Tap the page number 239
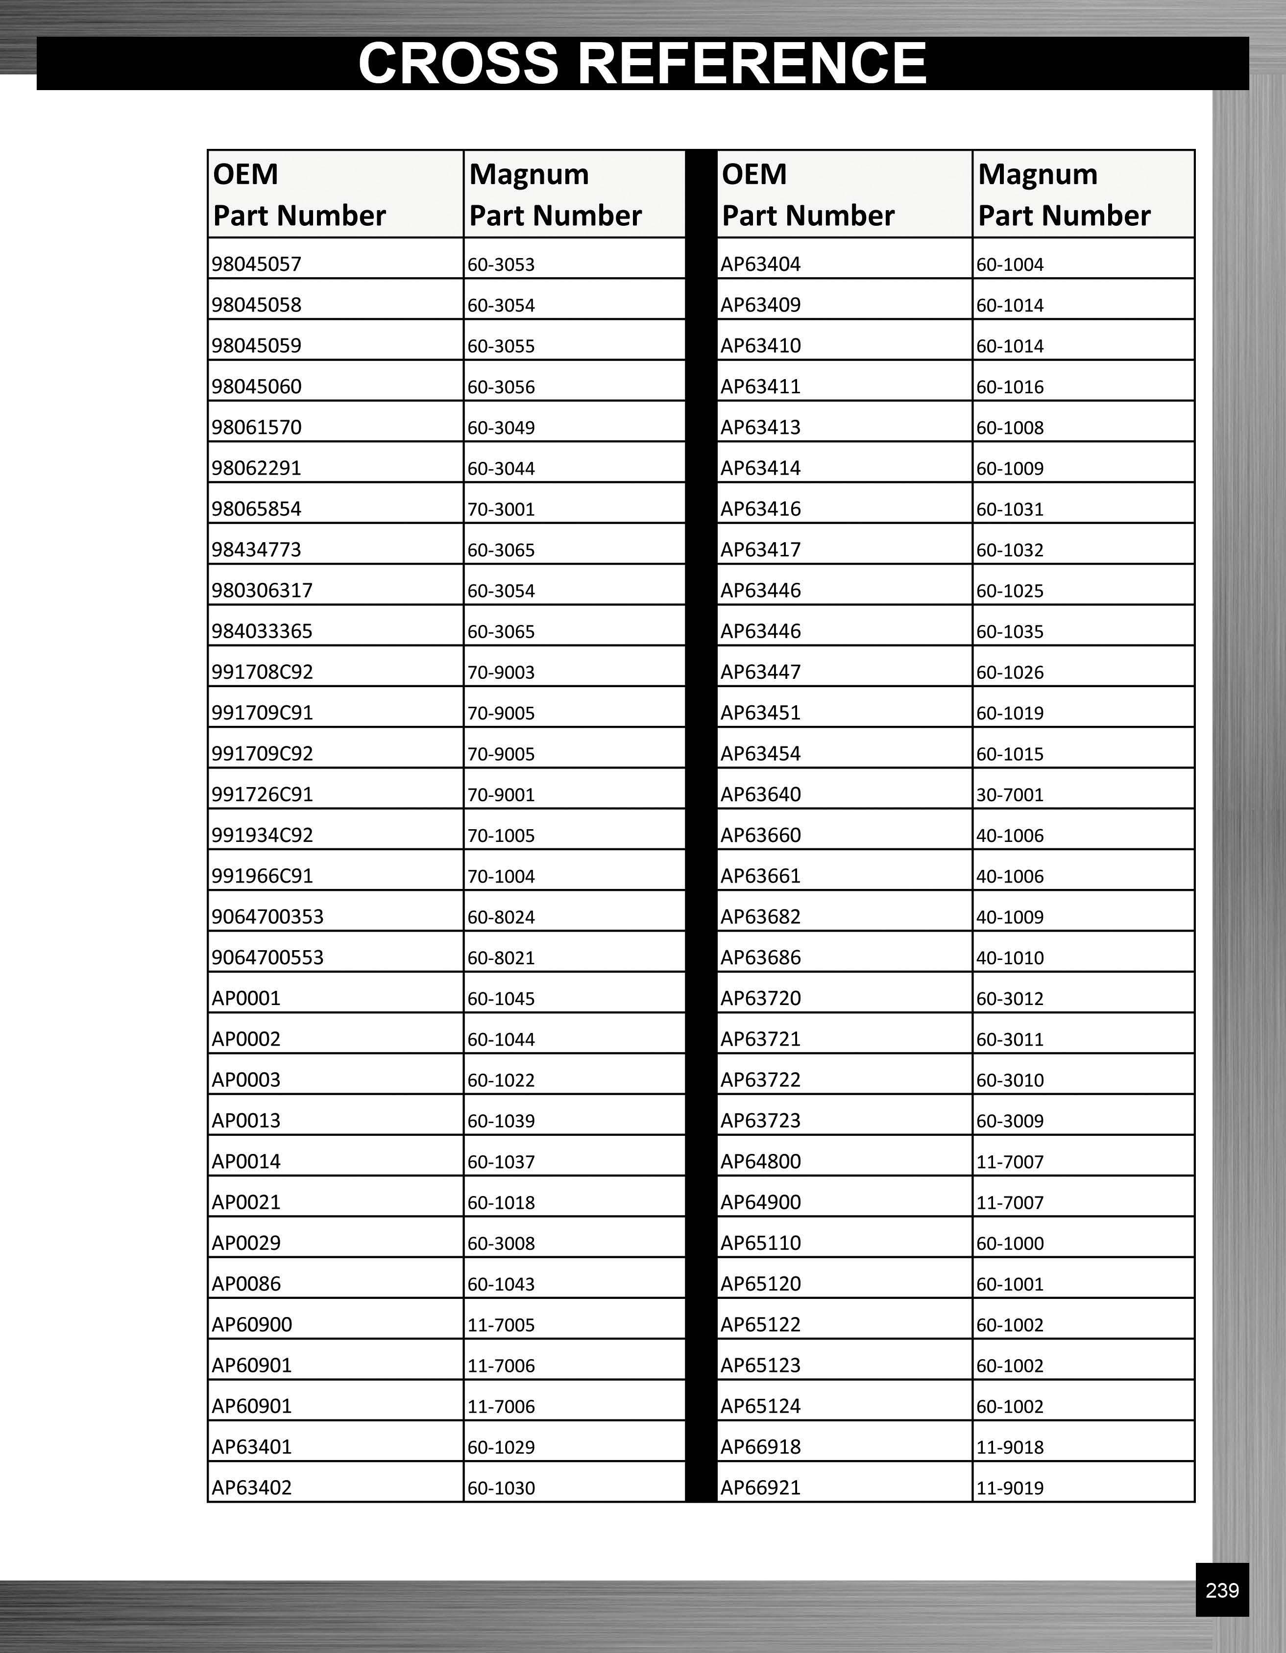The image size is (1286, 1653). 1222,1590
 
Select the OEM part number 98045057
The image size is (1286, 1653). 257,264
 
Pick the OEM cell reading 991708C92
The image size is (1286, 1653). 262,672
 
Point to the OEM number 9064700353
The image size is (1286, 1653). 267,916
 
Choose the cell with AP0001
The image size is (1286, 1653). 246,998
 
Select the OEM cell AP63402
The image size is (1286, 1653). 251,1487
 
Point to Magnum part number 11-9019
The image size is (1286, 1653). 1010,1488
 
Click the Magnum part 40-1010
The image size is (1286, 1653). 1010,958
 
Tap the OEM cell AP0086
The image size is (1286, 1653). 246,1284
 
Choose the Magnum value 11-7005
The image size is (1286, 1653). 501,1324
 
